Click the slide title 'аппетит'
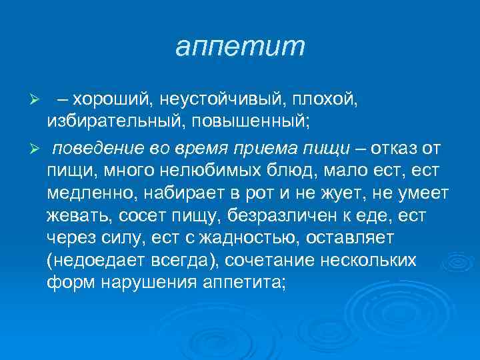(x=240, y=47)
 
